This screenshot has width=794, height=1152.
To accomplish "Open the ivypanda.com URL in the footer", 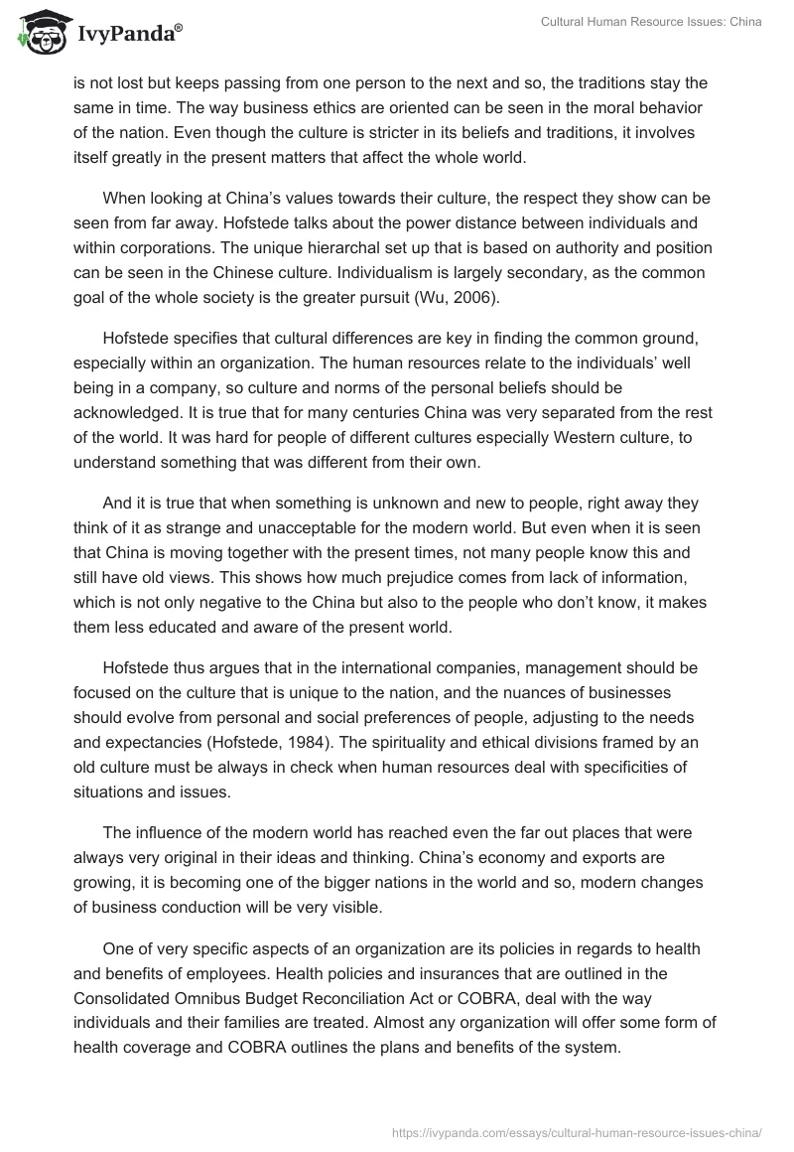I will (x=577, y=1131).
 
